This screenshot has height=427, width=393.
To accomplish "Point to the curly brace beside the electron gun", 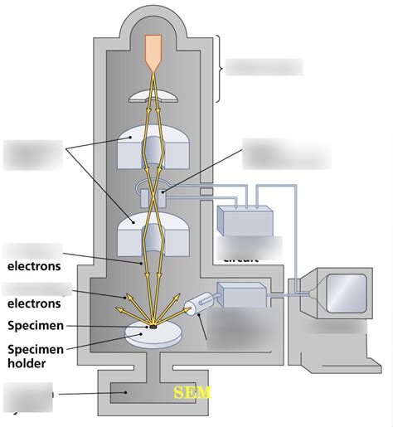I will tap(221, 67).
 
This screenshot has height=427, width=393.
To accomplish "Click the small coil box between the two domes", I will tap(155, 197).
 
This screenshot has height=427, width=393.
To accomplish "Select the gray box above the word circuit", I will tap(245, 220).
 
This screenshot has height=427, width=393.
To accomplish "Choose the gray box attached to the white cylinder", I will tap(241, 296).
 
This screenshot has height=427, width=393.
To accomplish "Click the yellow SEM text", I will tap(192, 391).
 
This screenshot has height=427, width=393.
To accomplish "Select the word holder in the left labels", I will tap(27, 362).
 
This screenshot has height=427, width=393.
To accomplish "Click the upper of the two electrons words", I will tap(34, 266).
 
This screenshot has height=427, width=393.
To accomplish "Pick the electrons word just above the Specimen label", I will tap(34, 303).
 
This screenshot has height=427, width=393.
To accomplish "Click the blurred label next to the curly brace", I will tap(264, 67).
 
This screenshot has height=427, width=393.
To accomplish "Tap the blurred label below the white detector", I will tap(239, 334).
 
